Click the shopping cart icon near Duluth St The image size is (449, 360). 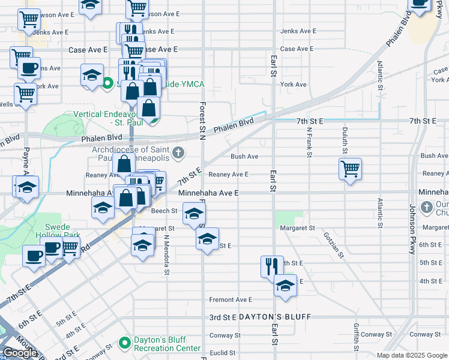[x=350, y=169]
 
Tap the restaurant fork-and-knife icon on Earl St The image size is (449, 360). [x=272, y=266]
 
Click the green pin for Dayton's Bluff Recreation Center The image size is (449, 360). [x=125, y=343]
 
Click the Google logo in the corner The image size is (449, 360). [x=20, y=353]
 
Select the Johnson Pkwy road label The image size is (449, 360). [x=412, y=230]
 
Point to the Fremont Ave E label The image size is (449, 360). [x=231, y=299]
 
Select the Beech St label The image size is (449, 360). [x=164, y=211]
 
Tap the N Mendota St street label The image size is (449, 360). [x=166, y=251]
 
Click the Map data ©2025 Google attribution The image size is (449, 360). [x=412, y=355]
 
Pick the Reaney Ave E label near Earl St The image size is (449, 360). [x=228, y=175]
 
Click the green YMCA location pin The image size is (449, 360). [x=108, y=83]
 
